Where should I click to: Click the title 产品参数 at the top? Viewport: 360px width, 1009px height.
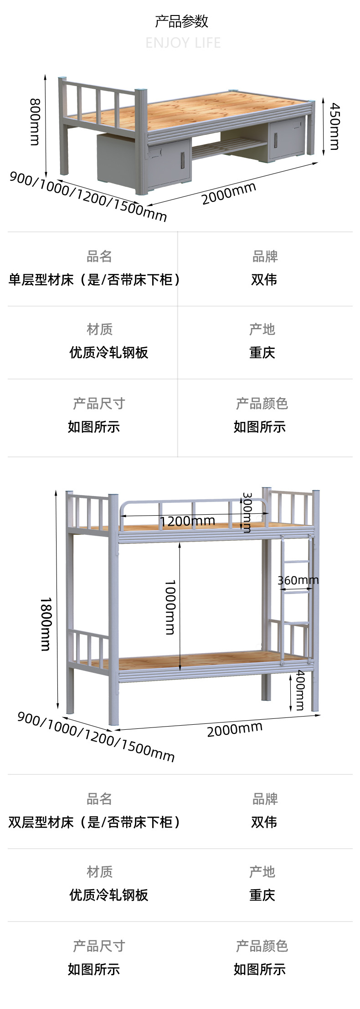pos(181,21)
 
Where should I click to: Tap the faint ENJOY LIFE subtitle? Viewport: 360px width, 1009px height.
pos(183,43)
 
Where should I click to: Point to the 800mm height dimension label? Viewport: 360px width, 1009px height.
pos(35,122)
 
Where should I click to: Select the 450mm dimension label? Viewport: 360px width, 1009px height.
pos(334,126)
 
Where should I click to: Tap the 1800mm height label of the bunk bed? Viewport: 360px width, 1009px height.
pos(46,624)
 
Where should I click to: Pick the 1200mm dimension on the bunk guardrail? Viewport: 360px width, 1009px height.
pos(187,521)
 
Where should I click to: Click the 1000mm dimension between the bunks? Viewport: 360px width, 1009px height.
pos(170,607)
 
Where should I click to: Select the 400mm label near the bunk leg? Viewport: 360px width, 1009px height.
pos(300,690)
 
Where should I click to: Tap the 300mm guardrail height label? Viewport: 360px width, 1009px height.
pos(247,512)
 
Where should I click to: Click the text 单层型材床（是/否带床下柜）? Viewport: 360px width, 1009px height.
pos(93,280)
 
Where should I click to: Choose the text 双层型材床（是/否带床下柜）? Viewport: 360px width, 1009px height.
pos(93,822)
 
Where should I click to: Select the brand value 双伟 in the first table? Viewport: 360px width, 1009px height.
pos(264,280)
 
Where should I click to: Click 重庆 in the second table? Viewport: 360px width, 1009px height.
pos(262,895)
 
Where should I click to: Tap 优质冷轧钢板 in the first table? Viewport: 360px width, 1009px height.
pos(108,353)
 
